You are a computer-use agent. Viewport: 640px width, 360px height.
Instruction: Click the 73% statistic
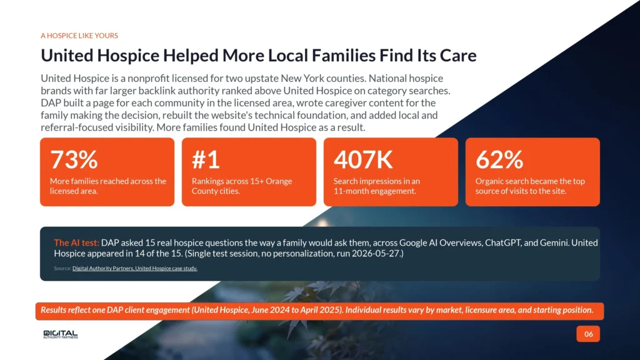coord(74,159)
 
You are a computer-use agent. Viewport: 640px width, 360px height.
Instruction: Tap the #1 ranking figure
coord(206,159)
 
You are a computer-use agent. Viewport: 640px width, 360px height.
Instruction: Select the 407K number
coord(363,159)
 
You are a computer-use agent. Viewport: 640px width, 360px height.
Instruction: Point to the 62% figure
coord(499,159)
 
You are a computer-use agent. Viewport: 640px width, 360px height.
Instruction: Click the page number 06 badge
coord(588,334)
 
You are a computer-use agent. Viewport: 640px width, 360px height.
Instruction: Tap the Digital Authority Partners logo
coord(61,334)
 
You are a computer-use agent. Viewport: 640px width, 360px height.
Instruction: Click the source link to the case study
coord(135,268)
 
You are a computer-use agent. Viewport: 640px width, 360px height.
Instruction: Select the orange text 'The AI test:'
coord(76,243)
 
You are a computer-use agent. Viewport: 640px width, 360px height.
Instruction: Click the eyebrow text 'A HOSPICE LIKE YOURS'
coord(79,36)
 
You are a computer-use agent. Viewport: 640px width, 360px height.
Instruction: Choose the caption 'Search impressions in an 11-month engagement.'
coord(377,186)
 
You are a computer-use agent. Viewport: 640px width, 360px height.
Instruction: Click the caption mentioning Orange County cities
coord(242,186)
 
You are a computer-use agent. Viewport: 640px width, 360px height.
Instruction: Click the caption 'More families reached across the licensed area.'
coord(108,186)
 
